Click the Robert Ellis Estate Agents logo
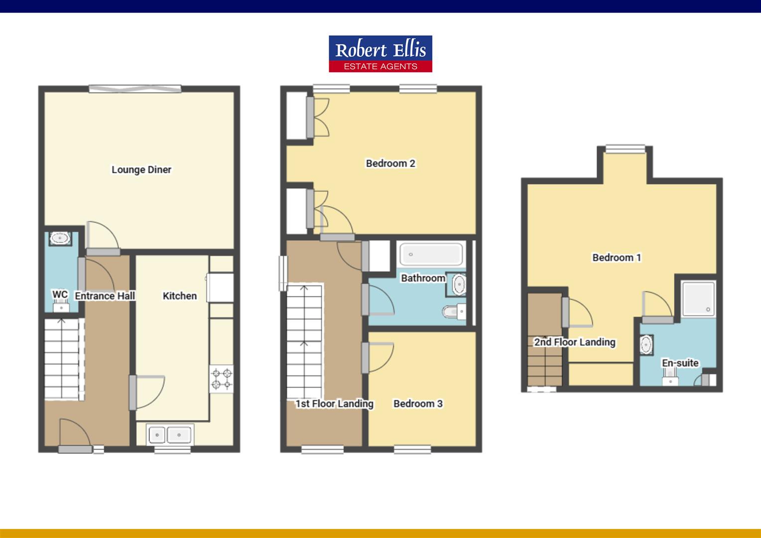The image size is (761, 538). (380, 54)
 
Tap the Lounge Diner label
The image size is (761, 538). (141, 170)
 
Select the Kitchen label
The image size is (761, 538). (180, 296)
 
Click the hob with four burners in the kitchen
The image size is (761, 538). (221, 379)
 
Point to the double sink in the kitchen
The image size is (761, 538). (169, 435)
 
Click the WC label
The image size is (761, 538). (60, 294)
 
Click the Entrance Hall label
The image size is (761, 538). (105, 296)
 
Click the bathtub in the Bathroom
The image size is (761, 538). (431, 254)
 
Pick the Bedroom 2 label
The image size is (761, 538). (390, 163)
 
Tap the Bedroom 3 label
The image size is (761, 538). (418, 403)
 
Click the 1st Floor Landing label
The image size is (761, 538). (334, 403)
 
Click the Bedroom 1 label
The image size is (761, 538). (617, 258)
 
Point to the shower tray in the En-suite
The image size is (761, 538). (698, 298)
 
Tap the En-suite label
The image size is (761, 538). (680, 363)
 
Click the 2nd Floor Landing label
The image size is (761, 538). (575, 342)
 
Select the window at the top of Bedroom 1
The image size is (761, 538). (625, 148)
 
